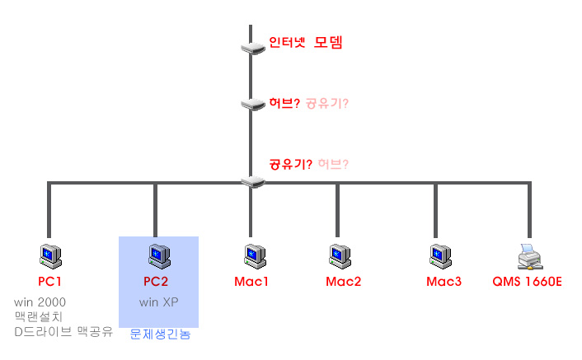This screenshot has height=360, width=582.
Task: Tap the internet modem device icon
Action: pos(251,47)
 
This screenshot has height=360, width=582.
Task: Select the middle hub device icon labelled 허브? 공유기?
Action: pos(251,104)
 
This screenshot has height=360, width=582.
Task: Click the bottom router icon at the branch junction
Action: pos(251,180)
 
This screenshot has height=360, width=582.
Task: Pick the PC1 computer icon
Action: pos(49,256)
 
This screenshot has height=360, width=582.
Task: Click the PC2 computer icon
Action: pos(155,256)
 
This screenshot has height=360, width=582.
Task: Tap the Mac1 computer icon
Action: pos(251,256)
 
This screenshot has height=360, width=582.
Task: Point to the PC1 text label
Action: pos(50,282)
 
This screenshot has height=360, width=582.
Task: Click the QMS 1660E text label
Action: pos(528,282)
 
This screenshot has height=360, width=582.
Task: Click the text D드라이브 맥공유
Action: pos(63,332)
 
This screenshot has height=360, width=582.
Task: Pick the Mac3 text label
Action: pos(444,282)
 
